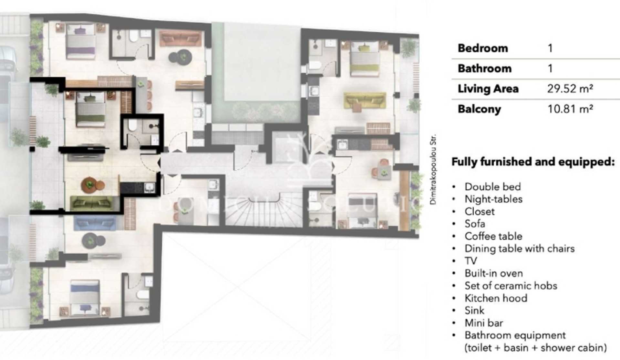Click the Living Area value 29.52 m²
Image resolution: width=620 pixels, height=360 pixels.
coord(570,89)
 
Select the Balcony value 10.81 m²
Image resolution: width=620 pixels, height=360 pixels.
coord(570,109)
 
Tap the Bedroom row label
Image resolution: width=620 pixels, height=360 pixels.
coord(483,48)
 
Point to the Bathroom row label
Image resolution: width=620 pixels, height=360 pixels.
coord(484,69)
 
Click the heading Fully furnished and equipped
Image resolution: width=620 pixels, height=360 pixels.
coord(533,162)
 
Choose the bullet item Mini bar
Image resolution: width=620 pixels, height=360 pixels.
coord(483,323)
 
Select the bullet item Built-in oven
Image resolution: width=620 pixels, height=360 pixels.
coord(493,273)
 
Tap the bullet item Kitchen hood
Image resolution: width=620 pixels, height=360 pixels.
coord(496,298)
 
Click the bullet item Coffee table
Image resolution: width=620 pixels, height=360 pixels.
coord(493,236)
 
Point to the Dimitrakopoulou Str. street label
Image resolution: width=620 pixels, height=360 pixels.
coord(433,169)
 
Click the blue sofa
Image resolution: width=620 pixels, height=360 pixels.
coord(95,223)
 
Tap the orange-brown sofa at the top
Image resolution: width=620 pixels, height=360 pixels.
coord(180,39)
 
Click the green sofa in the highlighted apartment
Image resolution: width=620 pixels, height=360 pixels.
coord(92,203)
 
